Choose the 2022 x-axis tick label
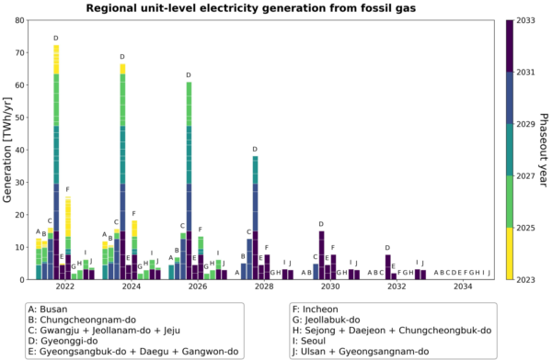[64, 287]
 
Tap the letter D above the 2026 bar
[189, 75]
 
